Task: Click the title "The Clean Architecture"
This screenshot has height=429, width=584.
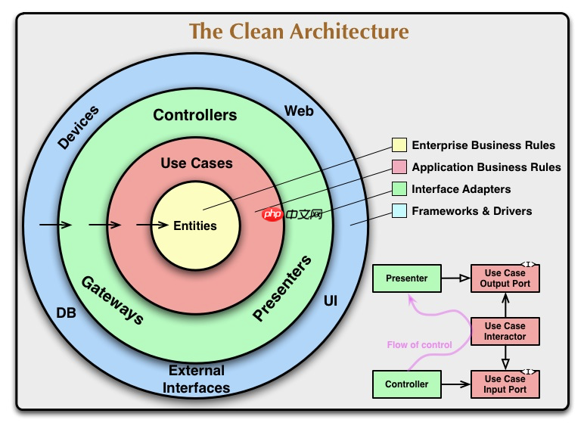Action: tap(299, 32)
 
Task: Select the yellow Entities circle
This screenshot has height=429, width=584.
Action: tap(195, 225)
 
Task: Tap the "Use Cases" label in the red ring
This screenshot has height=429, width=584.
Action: tap(197, 163)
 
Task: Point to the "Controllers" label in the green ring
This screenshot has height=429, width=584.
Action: tap(195, 115)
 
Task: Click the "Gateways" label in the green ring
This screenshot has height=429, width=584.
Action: tap(112, 300)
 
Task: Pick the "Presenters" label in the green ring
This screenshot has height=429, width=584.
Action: tap(281, 290)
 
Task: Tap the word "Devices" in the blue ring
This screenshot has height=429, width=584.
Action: tap(79, 128)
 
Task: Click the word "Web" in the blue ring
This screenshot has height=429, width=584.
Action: tap(299, 111)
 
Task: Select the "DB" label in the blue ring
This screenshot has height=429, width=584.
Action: tap(67, 312)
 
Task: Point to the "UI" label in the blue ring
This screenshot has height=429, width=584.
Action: tap(331, 301)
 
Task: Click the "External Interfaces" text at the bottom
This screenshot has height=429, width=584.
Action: tap(197, 379)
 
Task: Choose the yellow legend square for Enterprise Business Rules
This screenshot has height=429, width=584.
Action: tap(399, 145)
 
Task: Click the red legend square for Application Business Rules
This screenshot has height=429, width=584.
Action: tap(399, 167)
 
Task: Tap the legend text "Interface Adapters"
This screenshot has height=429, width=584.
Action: tap(461, 189)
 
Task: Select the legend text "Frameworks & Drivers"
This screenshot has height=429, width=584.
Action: tap(471, 211)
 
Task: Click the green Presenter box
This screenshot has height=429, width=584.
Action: tap(406, 278)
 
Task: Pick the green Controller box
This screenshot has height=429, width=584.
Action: tap(406, 384)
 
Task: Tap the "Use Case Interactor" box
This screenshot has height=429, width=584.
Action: tap(505, 331)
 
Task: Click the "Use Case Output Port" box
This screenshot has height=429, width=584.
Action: tap(505, 278)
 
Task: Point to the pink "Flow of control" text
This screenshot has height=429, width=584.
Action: tap(419, 345)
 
